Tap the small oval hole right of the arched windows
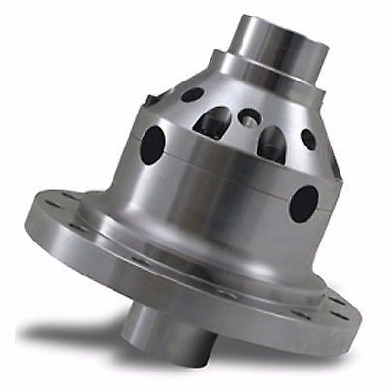(308, 139)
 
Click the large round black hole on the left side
(152, 145)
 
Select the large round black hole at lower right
(305, 203)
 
